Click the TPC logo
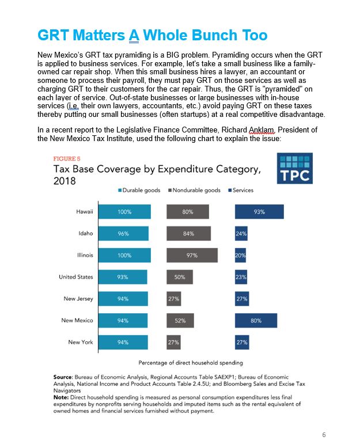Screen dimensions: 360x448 tap(294, 168)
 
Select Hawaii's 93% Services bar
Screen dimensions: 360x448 tap(259, 212)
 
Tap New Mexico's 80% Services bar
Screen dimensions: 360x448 tap(256, 321)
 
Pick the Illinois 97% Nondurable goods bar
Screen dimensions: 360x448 tap(192, 255)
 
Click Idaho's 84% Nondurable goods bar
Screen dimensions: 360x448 tap(189, 233)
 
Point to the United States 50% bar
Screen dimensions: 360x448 tap(180, 277)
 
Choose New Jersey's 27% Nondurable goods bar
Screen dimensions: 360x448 tap(174, 299)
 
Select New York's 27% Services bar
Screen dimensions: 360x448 tap(242, 342)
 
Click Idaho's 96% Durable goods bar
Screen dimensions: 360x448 tap(123, 233)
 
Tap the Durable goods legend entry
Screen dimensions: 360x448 tap(139, 190)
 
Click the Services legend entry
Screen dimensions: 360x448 tap(241, 190)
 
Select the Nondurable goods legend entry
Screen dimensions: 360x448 tap(195, 190)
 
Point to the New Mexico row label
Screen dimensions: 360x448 tap(77, 321)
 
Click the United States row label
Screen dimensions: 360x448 tap(76, 277)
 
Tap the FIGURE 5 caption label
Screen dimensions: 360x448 tap(67, 158)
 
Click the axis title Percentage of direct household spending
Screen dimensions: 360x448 tap(191, 363)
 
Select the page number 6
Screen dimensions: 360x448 tap(324, 435)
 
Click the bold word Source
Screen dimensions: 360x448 tap(63, 377)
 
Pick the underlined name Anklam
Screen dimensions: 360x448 tap(262, 130)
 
